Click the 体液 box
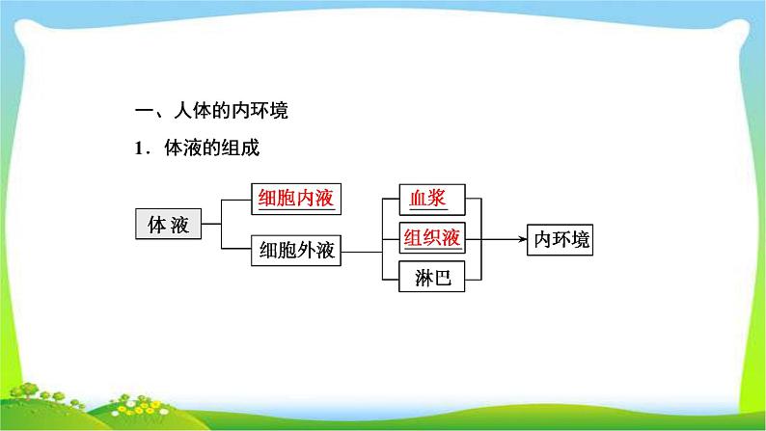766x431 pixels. coord(168,226)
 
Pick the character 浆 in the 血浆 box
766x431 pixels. coord(443,201)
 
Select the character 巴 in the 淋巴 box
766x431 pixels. coord(443,278)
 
